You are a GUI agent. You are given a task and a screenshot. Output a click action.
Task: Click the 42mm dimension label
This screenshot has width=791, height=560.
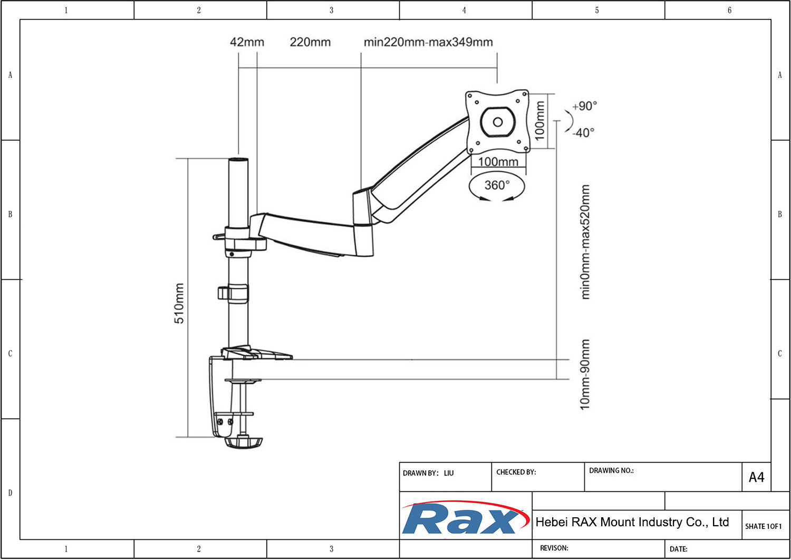click(247, 42)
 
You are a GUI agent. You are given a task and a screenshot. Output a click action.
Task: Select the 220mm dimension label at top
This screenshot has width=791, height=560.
click(310, 42)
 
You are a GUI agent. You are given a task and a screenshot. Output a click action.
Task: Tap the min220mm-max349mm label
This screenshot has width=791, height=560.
click(428, 42)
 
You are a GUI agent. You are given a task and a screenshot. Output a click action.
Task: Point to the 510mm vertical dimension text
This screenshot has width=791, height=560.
click(179, 303)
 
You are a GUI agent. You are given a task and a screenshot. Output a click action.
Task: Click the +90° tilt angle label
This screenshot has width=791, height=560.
click(584, 106)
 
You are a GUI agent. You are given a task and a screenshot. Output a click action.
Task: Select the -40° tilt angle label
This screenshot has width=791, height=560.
click(583, 132)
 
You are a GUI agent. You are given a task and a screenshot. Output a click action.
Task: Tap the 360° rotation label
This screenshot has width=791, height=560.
click(497, 185)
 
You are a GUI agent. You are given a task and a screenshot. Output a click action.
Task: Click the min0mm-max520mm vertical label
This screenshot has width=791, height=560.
click(585, 242)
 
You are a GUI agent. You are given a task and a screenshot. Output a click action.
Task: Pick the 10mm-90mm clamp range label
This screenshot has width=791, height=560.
click(585, 374)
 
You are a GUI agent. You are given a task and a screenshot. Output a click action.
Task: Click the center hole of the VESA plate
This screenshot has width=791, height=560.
click(497, 122)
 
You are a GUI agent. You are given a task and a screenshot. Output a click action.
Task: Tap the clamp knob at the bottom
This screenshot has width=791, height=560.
click(243, 442)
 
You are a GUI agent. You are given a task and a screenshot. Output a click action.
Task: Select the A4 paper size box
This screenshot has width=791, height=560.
click(756, 477)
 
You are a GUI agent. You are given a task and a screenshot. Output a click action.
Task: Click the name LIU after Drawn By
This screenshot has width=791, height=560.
click(448, 473)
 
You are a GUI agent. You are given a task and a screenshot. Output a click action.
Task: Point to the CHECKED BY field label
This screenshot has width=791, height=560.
click(516, 472)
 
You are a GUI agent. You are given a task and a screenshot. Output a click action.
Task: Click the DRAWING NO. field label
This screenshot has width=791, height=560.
click(611, 470)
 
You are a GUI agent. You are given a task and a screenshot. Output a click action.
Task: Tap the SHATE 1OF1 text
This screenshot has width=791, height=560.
click(763, 526)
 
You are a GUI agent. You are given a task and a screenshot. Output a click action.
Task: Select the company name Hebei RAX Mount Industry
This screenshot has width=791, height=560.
click(632, 522)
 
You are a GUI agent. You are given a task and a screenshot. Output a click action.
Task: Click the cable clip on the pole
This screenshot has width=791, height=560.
click(233, 293)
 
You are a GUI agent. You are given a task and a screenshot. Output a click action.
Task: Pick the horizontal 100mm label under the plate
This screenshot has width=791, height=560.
click(498, 162)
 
